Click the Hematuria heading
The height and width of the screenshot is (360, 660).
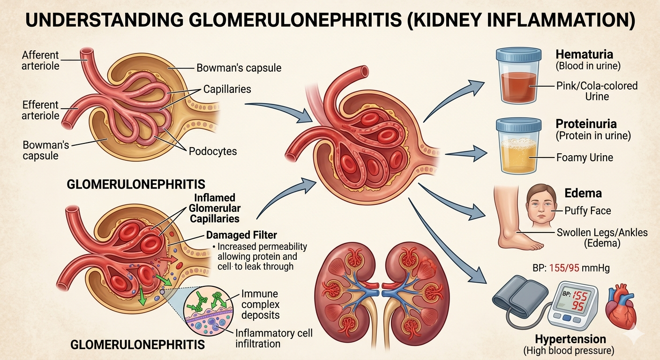tap(584, 54)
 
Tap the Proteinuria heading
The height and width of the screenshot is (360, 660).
tap(586, 124)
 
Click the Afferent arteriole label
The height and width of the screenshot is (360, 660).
tap(41, 60)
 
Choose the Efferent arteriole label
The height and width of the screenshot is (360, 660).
tap(40, 110)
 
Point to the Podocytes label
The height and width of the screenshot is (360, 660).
tap(213, 151)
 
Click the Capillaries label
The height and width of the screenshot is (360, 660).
tap(227, 89)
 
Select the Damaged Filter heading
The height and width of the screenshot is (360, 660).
tap(241, 236)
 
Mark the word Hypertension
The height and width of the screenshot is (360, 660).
tap(570, 338)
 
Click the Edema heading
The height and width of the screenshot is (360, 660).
tap(583, 193)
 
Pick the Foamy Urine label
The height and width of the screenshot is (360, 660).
tap(585, 157)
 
